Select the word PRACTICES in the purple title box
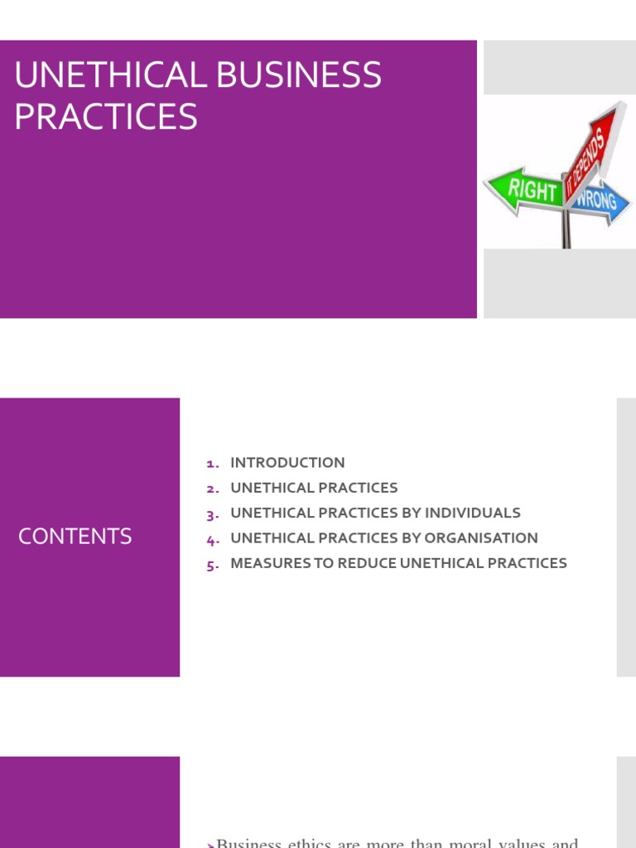pyautogui.click(x=106, y=117)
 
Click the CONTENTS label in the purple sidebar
pyautogui.click(x=75, y=537)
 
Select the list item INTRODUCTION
pyautogui.click(x=287, y=463)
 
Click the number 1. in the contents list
pyautogui.click(x=213, y=464)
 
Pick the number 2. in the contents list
pyautogui.click(x=213, y=489)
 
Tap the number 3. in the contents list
pyautogui.click(x=213, y=514)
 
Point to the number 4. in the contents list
pyautogui.click(x=213, y=539)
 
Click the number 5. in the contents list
pyautogui.click(x=213, y=565)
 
